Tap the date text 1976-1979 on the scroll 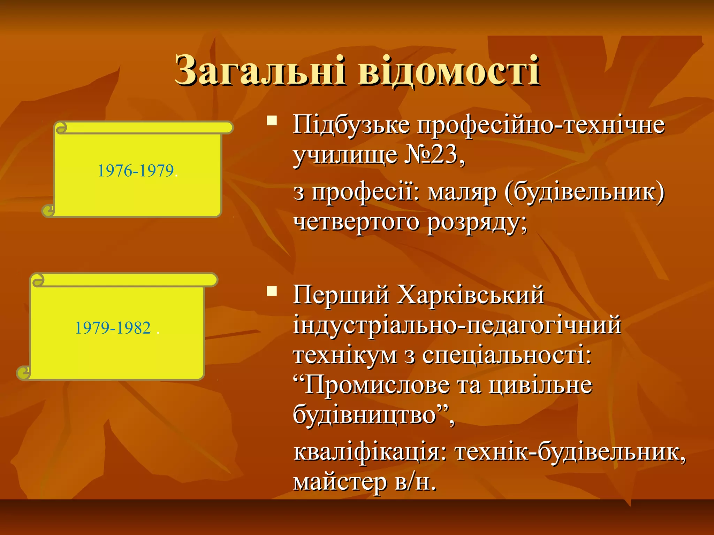136,171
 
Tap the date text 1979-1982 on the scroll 113,328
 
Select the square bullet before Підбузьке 272,121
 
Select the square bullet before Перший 272,290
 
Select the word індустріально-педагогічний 457,325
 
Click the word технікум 345,355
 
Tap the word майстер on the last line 340,482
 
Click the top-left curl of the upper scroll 61,128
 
